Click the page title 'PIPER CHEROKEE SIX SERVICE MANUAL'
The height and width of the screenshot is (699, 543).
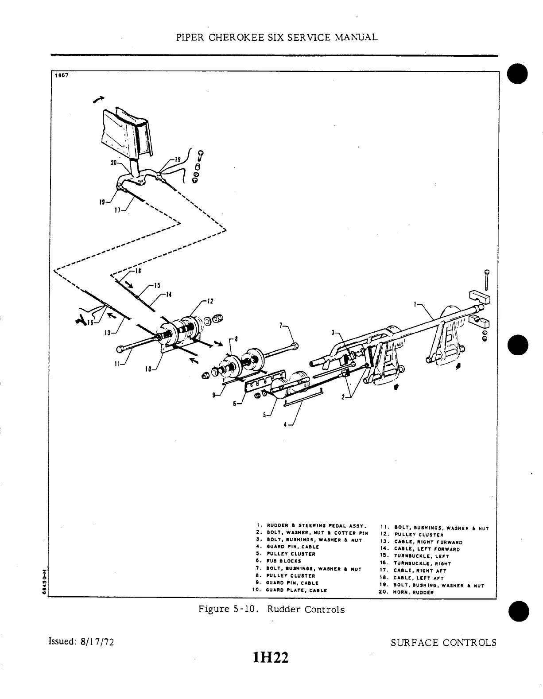[277, 37]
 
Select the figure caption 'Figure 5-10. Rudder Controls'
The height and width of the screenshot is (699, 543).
[271, 610]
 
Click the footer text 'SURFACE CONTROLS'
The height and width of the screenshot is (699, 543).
[443, 643]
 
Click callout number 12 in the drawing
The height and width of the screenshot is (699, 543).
[210, 301]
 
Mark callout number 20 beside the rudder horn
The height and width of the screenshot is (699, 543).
[113, 163]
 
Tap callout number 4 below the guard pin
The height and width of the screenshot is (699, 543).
[286, 424]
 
